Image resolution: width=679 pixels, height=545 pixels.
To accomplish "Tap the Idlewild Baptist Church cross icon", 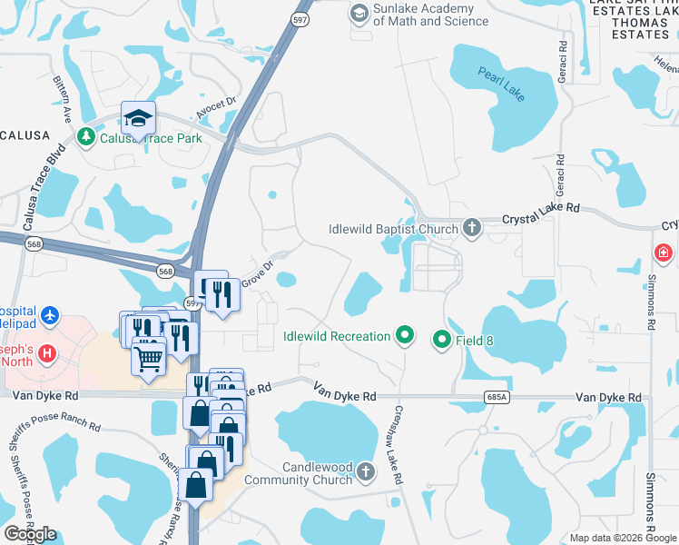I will [471, 228].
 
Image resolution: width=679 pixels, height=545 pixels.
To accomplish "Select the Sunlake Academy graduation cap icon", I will [359, 14].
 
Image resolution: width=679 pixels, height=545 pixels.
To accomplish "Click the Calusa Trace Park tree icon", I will [86, 137].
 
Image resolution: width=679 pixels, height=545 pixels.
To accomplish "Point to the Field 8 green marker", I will [442, 340].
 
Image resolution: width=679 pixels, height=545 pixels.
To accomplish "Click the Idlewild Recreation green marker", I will [405, 336].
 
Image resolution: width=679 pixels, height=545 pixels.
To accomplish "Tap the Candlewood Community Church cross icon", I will [365, 471].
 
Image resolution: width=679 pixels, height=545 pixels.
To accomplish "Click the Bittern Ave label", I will [64, 101].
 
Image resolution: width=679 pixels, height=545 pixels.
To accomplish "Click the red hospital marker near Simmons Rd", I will [664, 252].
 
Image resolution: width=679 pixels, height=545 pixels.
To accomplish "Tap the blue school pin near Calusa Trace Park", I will [138, 119].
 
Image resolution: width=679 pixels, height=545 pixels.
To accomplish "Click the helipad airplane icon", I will [50, 316].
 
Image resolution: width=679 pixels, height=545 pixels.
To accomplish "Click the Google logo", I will [31, 534].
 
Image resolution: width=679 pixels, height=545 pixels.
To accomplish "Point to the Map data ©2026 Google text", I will [622, 538].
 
